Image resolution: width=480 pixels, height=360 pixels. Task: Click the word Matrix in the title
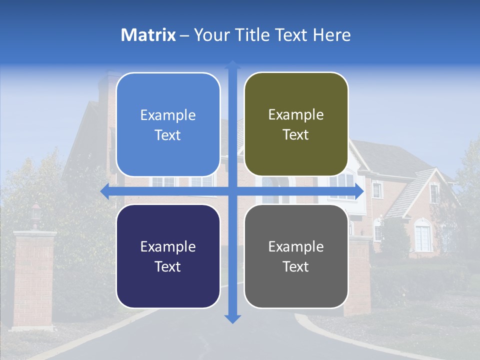pos(148,35)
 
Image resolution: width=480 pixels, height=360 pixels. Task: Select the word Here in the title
pos(332,35)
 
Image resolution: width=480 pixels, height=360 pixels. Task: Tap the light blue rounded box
pos(168,125)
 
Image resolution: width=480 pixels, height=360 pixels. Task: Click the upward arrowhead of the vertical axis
pos(232,65)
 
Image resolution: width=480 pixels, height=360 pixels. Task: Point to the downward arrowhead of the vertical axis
pos(232,318)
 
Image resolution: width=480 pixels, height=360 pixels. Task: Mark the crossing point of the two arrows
pos(232,191)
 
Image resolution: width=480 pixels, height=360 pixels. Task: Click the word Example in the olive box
pos(296,115)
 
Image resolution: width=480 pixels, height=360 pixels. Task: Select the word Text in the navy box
pos(167,266)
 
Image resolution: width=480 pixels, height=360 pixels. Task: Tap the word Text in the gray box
pos(296,266)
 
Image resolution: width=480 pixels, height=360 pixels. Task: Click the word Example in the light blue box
pos(168,115)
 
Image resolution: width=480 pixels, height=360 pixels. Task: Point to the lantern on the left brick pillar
pos(35,214)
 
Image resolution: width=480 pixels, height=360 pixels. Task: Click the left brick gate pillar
pos(34,280)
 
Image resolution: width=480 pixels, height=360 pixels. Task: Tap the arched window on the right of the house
pos(422,236)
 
